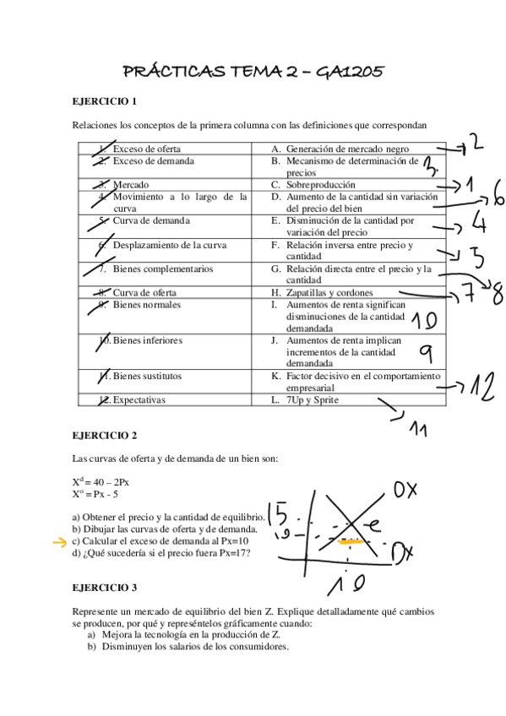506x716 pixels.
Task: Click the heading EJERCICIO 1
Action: coord(105,101)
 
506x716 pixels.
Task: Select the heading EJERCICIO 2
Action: coord(105,436)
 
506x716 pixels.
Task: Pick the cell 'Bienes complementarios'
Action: coord(163,269)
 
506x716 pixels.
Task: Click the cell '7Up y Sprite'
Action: coord(313,400)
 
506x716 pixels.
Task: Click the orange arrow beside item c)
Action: coord(59,541)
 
